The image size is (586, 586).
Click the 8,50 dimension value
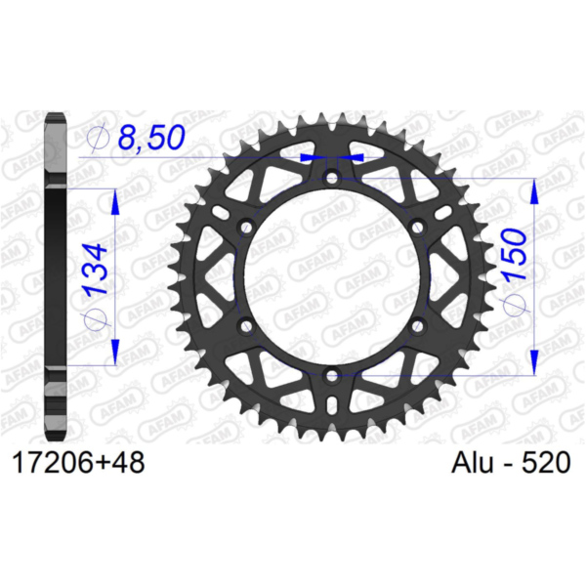(151, 137)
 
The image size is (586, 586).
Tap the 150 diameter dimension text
(515, 254)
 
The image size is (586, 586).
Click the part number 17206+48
(78, 463)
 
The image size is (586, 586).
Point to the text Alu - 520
(511, 463)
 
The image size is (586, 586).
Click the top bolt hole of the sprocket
(331, 177)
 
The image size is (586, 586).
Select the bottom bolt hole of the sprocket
(331, 376)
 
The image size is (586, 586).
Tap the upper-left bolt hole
(246, 227)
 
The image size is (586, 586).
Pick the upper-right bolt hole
(417, 227)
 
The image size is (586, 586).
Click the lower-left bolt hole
(246, 326)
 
